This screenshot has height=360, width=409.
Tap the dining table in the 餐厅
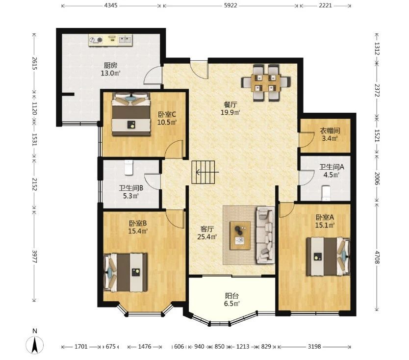coord(266,83)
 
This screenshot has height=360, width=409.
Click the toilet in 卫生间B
coord(128,167)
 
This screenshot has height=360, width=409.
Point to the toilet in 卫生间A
coord(326,193)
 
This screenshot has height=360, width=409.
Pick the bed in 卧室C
coord(131,114)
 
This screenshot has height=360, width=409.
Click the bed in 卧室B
coord(126,272)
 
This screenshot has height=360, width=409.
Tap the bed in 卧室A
coord(328,256)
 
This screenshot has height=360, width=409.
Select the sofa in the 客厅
coord(265,235)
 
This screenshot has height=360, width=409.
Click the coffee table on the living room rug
coord(240,235)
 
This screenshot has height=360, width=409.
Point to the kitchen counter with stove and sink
coord(110,40)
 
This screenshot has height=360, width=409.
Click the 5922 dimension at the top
coord(230,5)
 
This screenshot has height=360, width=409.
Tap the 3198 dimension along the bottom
coord(314,347)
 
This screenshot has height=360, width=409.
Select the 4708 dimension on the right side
coord(377,257)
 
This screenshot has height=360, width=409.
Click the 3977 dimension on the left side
coord(34,257)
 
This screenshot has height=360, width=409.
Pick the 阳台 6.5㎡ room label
coord(232,300)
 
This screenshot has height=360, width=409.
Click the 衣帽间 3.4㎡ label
coord(330,134)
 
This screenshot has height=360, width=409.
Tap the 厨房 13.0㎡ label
coord(111,69)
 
